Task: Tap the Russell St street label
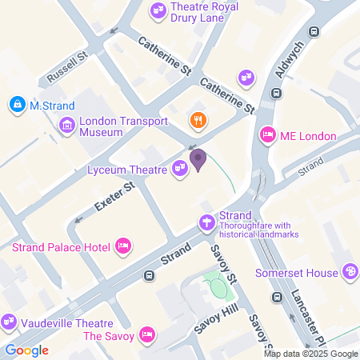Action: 66,69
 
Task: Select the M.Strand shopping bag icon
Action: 17,104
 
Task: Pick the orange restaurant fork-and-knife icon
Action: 196,121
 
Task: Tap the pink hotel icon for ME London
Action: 268,136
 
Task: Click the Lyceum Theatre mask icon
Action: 180,168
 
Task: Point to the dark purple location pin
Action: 198,160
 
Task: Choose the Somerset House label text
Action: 296,273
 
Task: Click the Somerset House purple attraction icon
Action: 349,273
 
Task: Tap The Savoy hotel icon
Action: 147,334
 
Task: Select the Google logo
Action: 26,350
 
